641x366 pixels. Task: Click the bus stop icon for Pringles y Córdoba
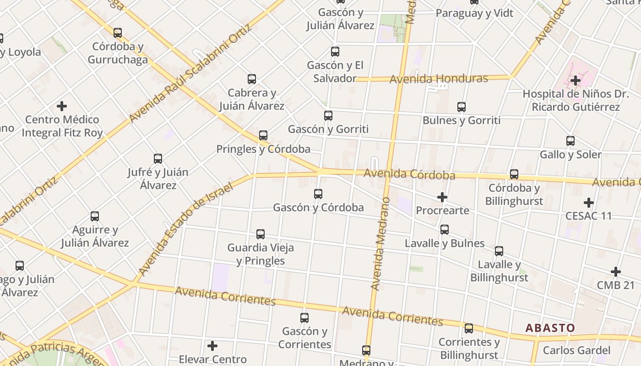(x=263, y=135)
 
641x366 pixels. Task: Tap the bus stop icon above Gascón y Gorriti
(x=328, y=116)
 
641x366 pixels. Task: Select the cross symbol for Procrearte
(x=442, y=197)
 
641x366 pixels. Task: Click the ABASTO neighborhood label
(x=550, y=328)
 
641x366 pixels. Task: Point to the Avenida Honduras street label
(x=438, y=79)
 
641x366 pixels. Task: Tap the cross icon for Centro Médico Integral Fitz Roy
(x=62, y=107)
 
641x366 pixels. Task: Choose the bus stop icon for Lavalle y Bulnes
(x=445, y=230)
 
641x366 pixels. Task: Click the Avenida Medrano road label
(x=381, y=244)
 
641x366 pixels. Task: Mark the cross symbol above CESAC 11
(x=589, y=202)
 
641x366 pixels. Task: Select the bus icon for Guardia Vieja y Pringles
(x=261, y=234)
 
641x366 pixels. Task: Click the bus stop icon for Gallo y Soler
(x=570, y=141)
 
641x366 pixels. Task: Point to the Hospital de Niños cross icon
(x=576, y=81)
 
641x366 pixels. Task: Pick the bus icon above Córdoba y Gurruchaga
(x=118, y=33)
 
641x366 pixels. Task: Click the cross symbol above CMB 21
(x=616, y=272)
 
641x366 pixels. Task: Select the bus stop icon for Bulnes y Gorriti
(x=462, y=107)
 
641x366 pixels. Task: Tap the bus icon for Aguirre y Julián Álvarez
(x=95, y=216)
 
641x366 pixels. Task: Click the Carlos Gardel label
(x=576, y=351)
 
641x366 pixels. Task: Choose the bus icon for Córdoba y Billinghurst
(x=514, y=174)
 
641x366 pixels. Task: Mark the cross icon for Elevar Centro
(x=212, y=346)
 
